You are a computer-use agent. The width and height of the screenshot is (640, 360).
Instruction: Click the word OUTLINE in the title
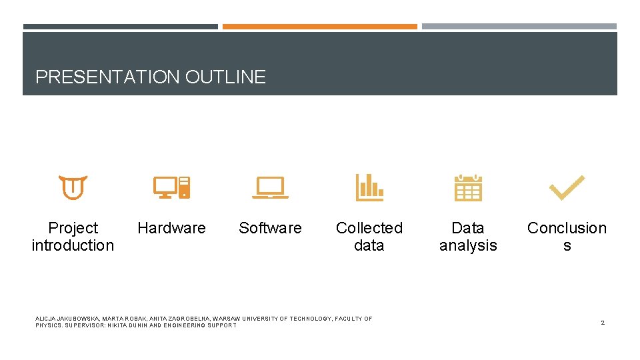coord(225,77)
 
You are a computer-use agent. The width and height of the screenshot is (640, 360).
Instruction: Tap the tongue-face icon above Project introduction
coord(73,188)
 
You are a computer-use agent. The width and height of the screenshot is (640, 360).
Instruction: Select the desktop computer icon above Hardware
coord(171,188)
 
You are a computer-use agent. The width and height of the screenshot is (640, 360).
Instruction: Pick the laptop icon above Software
coord(270,188)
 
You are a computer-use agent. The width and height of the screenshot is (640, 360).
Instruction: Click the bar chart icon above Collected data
coord(369,188)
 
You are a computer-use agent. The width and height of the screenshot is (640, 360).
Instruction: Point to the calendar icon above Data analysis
coord(468,188)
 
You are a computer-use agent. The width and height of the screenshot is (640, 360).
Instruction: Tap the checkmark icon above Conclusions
coord(567,188)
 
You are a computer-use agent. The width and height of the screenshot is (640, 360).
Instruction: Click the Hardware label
coord(171,228)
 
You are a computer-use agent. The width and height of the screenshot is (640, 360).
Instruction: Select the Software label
coord(270,228)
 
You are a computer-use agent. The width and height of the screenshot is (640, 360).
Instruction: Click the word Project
coord(73,228)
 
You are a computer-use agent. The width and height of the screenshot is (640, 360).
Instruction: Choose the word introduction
coord(73,245)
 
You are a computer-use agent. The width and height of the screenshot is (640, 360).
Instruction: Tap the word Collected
coord(369,228)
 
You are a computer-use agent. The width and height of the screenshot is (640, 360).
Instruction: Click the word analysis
coord(468,245)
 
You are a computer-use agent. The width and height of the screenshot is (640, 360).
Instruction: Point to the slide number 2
coord(602,323)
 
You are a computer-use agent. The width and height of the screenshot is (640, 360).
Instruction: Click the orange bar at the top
coord(319,27)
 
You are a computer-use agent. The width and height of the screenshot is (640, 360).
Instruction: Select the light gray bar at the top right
coord(519,27)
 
